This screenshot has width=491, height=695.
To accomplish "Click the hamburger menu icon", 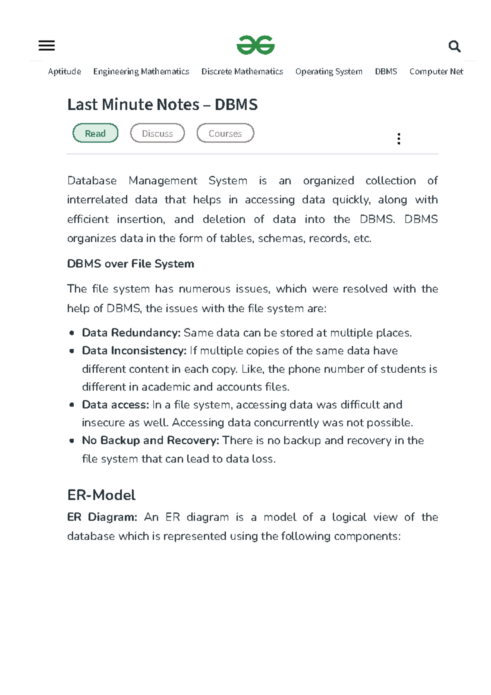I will [x=47, y=45].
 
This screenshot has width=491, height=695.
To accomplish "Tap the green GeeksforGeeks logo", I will [x=256, y=45].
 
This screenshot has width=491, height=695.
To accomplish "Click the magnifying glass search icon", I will [x=454, y=46].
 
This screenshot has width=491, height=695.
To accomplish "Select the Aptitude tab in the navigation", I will [x=64, y=72].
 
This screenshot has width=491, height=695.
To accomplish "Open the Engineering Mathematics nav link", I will [x=141, y=72].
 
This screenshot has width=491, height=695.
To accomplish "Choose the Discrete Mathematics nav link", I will [x=242, y=72].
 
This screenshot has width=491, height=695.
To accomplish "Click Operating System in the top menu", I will [x=329, y=72].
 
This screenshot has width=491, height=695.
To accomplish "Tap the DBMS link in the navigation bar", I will [x=386, y=72].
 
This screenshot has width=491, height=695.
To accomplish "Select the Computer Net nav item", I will [x=436, y=72].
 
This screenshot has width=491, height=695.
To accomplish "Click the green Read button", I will [x=95, y=133].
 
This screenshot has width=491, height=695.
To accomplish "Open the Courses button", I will [x=225, y=133].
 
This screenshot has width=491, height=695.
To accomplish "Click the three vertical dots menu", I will [x=399, y=139].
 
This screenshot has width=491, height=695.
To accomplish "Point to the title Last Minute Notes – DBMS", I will [x=162, y=105].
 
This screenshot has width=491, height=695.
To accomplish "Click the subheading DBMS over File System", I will [x=131, y=264].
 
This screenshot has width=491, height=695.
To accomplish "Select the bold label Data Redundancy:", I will [x=131, y=333].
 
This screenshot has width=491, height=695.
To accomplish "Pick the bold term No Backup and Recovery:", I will [x=151, y=440].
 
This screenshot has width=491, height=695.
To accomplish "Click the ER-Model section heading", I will [x=101, y=495].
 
